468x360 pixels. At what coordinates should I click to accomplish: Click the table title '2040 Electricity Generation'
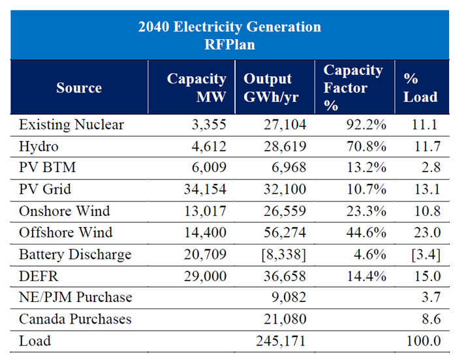coord(230,27)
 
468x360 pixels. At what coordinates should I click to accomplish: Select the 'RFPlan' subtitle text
coord(230,44)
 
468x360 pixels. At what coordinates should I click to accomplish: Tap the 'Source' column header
coord(79,87)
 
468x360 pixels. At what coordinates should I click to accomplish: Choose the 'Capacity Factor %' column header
coord(353,87)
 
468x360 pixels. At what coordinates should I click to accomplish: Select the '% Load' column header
coord(420,87)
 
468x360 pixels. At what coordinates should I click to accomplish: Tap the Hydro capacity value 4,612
coord(207,145)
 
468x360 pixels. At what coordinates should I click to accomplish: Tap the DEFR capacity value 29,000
coord(204,276)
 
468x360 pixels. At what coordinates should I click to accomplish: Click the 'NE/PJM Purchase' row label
coord(76,297)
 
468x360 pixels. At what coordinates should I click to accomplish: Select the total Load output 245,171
coord(279,340)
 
